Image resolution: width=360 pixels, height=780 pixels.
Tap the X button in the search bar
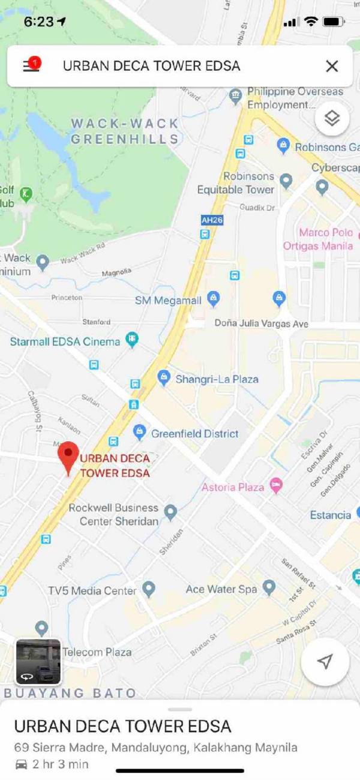(332, 66)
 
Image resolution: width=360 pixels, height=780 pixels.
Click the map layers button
(332, 118)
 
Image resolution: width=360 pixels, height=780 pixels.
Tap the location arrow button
(325, 661)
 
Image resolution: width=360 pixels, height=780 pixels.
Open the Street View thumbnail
(38, 662)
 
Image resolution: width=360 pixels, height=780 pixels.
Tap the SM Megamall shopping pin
(213, 298)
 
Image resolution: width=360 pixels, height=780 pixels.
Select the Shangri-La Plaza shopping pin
(163, 377)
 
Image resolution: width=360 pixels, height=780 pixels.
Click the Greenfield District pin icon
(140, 431)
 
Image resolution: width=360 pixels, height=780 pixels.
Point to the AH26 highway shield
(212, 220)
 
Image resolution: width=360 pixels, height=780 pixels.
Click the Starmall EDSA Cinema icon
(131, 340)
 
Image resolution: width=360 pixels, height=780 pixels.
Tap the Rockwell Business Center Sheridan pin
(171, 512)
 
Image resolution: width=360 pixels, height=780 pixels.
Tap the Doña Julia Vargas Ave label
(262, 323)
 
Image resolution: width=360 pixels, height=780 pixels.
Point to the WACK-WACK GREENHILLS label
(125, 131)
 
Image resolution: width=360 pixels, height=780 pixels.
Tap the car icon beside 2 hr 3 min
(21, 764)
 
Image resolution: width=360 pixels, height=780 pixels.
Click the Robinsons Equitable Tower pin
(286, 180)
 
